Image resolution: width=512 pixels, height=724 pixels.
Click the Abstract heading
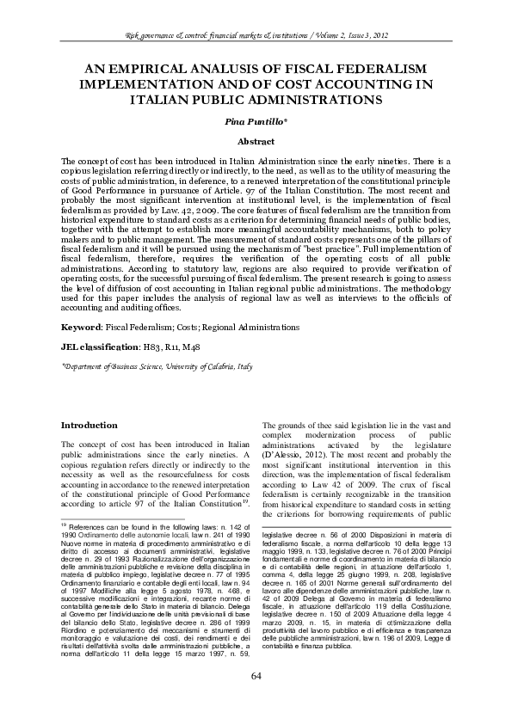point(256,141)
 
